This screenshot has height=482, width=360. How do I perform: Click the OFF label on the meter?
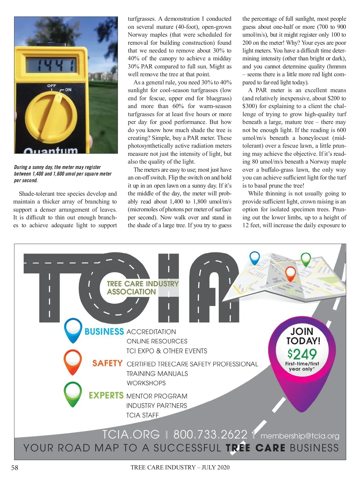pos(52,86)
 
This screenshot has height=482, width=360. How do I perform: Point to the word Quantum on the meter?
pos(51,150)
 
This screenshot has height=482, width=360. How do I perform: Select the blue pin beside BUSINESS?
pos(73,330)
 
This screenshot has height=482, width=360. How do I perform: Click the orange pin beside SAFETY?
pos(73,362)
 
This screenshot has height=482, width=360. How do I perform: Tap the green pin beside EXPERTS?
pos(73,393)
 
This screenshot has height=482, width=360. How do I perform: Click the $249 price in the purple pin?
pos(302,354)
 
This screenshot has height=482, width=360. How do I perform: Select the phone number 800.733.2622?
pos(210,434)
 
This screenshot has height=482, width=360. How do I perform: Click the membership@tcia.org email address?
pos(300,436)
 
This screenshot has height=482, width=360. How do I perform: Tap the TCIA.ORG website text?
pos(131,434)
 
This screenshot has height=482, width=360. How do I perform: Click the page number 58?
pos(15,468)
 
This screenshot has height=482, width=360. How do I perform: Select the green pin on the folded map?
pos(306,259)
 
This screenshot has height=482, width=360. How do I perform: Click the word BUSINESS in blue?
pos(104,332)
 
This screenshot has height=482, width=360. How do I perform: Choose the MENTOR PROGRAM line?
pos(157,396)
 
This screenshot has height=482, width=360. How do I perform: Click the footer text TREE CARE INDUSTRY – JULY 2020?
pos(180,467)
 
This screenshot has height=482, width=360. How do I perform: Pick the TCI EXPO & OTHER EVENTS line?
pos(167,351)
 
